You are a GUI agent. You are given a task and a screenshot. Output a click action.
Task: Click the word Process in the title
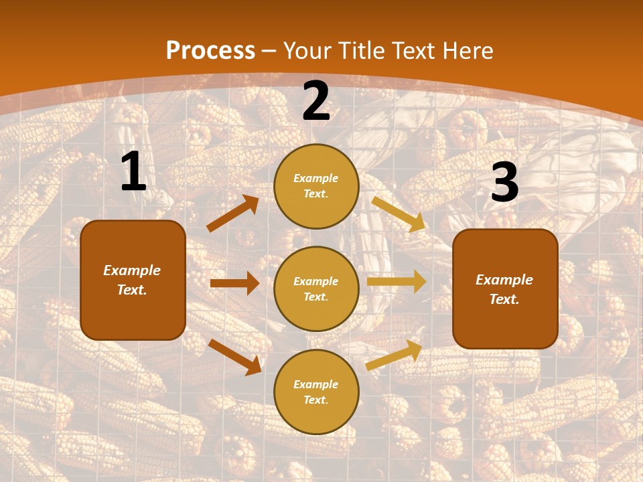click(210, 51)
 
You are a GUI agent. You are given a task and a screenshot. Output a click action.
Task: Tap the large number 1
click(133, 172)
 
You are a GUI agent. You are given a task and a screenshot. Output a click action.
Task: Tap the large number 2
click(316, 101)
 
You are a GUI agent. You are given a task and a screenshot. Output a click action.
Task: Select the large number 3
click(504, 183)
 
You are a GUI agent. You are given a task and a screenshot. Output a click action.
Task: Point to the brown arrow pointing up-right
click(232, 214)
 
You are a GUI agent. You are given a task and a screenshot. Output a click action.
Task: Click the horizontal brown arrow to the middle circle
click(234, 283)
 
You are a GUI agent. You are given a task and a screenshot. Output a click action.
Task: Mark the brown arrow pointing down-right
click(235, 357)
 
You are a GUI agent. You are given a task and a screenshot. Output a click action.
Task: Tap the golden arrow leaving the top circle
click(399, 214)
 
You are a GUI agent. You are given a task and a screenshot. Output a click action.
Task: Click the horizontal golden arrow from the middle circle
click(397, 282)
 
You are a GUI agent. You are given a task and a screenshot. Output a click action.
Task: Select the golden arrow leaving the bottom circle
click(394, 355)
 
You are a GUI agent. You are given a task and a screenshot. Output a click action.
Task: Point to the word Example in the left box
click(132, 270)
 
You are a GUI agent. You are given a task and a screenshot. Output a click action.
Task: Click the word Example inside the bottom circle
click(315, 384)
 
